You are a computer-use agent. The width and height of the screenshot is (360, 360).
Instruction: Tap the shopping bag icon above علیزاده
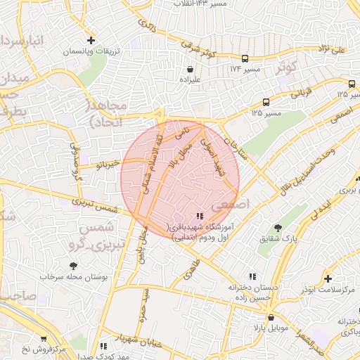coord(190,69)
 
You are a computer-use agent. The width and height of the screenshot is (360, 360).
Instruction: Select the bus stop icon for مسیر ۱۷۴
coord(244,58)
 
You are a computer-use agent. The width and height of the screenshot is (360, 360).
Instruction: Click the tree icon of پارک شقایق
coord(278,228)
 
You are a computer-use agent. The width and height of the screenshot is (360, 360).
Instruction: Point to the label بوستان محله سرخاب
coord(72,277)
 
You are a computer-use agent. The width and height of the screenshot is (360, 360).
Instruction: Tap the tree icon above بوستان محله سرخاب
coord(73,266)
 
